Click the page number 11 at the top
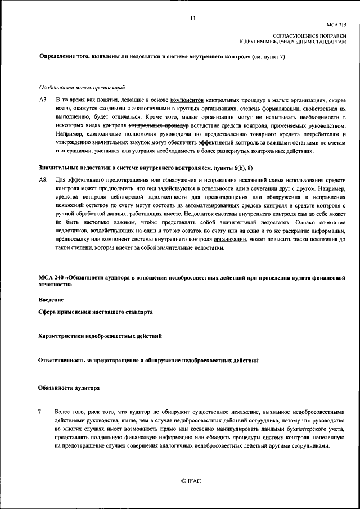[192, 18]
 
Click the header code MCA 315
[336, 25]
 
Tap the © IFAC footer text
[191, 481]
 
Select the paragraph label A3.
[43, 99]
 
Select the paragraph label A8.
[43, 179]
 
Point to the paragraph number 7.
[40, 412]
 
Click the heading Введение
[51, 299]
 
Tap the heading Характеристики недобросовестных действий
[100, 336]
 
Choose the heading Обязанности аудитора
[69, 388]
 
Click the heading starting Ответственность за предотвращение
[148, 359]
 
